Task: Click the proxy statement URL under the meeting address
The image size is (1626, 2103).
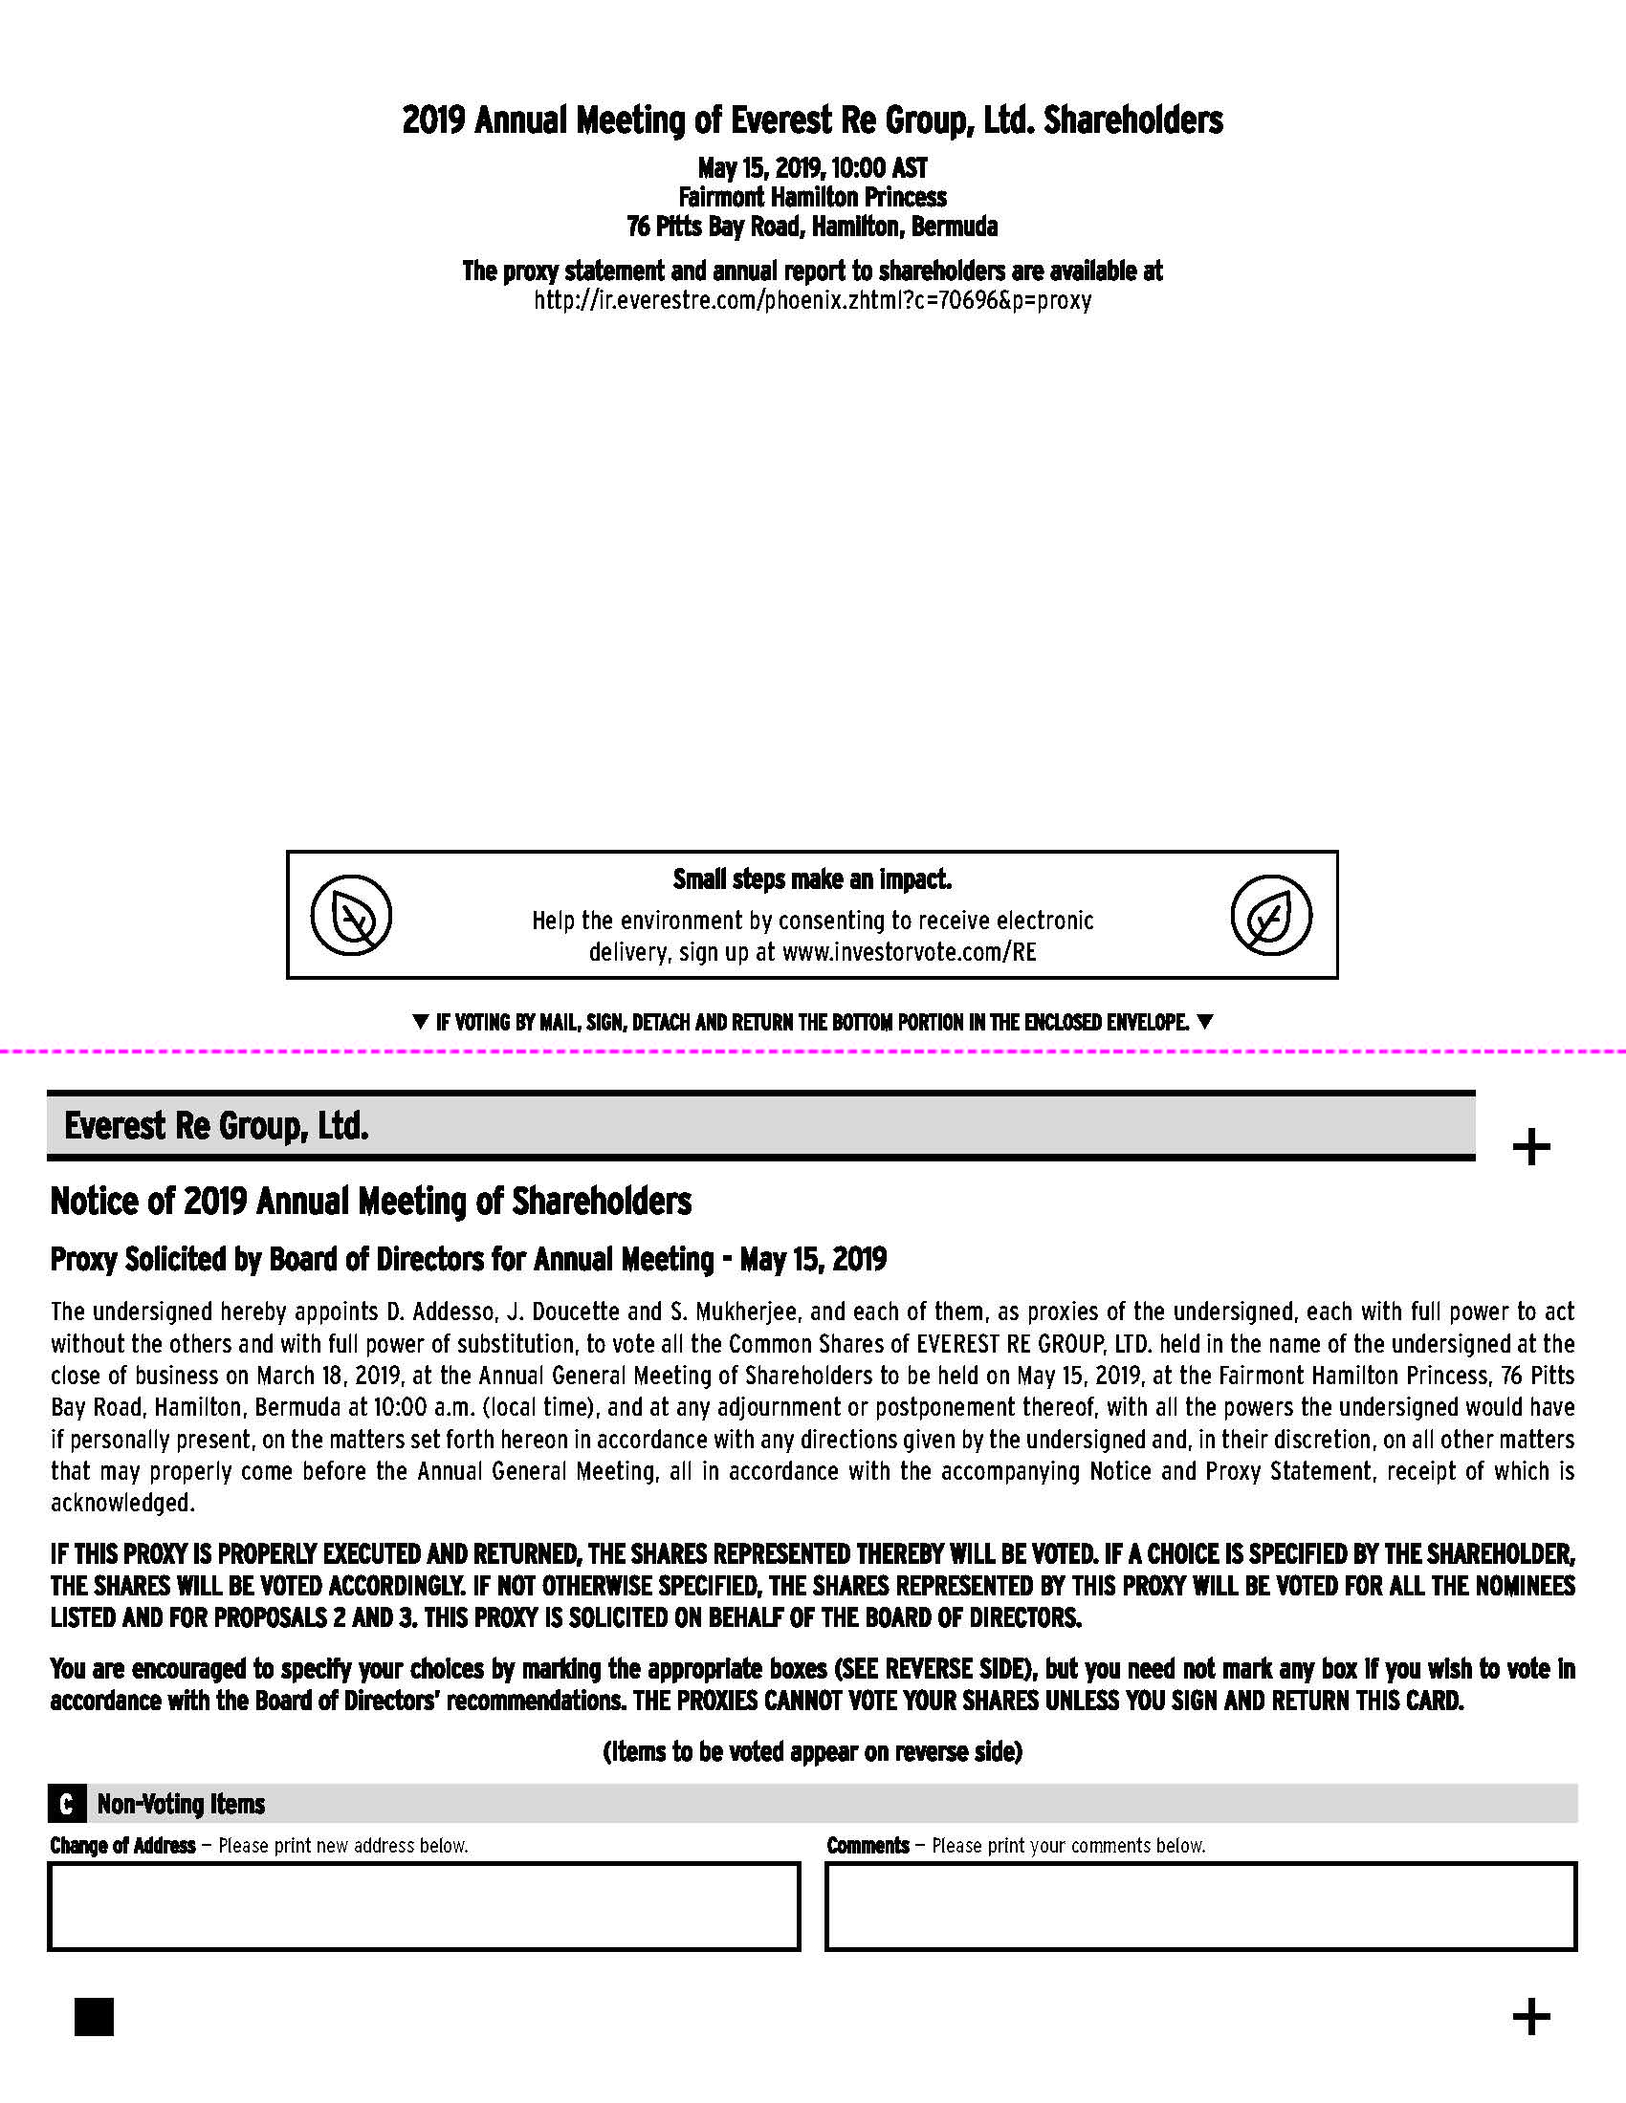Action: pos(812,300)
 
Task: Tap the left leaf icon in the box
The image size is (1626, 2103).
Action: pos(352,915)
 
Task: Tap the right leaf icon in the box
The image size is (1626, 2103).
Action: pos(1270,915)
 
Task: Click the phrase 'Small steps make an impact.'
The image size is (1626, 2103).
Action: pos(812,879)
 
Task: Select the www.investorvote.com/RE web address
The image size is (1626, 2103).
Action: pos(909,952)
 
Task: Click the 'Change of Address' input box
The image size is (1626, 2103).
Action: pos(424,1907)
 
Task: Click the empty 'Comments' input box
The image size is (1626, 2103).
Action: pos(1200,1907)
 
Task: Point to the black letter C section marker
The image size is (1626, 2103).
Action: pos(65,1804)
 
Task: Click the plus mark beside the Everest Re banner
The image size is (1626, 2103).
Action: pos(1530,1147)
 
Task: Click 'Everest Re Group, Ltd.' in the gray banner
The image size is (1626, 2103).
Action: pos(217,1126)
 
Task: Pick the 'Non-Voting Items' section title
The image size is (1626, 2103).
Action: pos(181,1804)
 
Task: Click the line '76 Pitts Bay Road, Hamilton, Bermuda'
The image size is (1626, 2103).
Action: pos(812,228)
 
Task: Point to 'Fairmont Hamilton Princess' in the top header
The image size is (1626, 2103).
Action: pos(812,198)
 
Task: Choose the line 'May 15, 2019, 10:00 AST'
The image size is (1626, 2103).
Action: pos(812,168)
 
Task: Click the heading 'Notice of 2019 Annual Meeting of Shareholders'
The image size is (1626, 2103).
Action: pos(371,1202)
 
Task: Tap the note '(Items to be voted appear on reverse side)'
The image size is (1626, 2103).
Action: pos(812,1751)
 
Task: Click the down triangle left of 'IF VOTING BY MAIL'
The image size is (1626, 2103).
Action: pos(420,1022)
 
